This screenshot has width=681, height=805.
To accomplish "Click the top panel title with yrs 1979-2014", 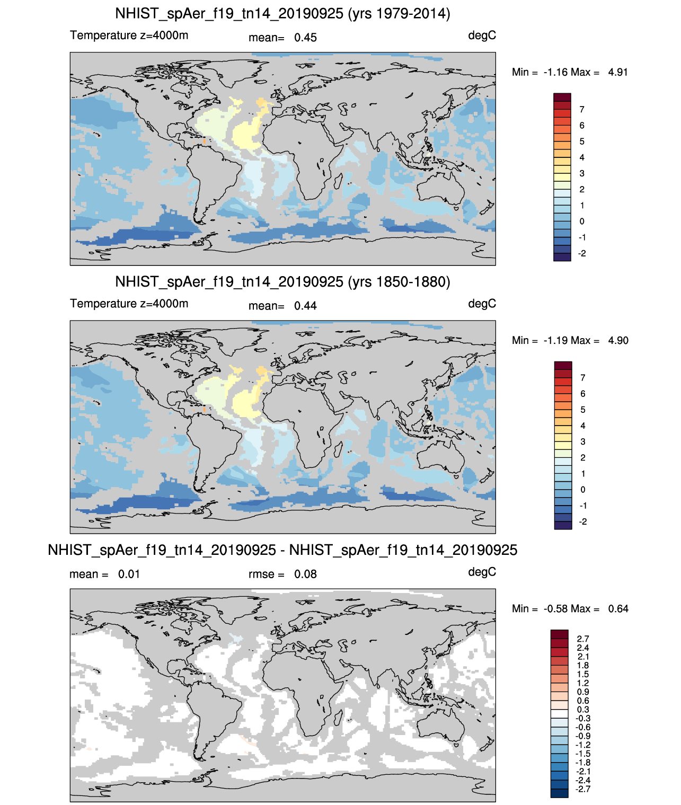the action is (x=282, y=14).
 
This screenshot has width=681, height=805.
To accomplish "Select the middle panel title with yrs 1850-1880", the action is (x=282, y=281).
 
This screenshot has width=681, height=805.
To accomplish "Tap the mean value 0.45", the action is (x=305, y=38).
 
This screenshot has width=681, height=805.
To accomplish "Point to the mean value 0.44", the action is (x=305, y=306).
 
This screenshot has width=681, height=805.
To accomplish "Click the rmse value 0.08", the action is (x=305, y=574).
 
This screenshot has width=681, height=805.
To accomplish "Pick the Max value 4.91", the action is (x=618, y=72).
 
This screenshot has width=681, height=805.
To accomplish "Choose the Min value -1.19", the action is (x=554, y=340).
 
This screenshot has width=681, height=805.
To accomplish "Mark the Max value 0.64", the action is (x=618, y=609).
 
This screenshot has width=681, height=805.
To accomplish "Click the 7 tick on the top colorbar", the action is (x=582, y=110).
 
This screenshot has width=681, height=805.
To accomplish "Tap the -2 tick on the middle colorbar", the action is (x=582, y=521).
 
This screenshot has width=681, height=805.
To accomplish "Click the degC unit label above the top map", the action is (x=482, y=36).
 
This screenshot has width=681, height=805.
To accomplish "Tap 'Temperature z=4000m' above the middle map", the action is (x=129, y=303).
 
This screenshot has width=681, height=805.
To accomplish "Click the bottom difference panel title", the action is (x=282, y=550).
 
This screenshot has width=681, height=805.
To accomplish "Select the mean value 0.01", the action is (x=129, y=574).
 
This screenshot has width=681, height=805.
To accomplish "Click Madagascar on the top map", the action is (x=338, y=181).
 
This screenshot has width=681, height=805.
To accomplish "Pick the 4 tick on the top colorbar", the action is (x=582, y=157).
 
